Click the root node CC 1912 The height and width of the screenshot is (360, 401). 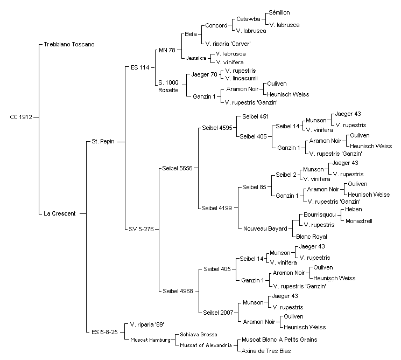pos(21,117)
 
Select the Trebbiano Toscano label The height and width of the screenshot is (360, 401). pos(69,44)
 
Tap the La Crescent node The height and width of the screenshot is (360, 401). pos(60,213)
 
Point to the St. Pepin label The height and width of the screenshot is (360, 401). pos(103,141)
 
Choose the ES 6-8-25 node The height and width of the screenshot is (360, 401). pos(104,332)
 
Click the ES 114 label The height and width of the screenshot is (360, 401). pos(140,67)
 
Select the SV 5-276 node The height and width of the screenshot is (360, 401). pos(141,229)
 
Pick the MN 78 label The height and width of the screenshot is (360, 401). pos(167,50)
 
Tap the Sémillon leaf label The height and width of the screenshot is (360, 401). pos(279,12)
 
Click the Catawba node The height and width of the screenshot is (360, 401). pos(248,19)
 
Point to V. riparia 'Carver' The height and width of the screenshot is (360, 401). pos(228,44)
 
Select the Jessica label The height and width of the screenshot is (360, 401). pos(196,58)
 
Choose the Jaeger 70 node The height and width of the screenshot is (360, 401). pos(204,75)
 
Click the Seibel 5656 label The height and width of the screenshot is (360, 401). pos(177,168)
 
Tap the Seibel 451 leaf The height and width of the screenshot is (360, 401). pos(256,116)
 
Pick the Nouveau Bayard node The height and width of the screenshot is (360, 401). pos(265,229)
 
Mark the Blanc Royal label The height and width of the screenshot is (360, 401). pos(312,237)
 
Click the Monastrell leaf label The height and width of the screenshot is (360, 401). pos(359,221)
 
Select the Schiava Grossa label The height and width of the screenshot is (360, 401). pos(199,334)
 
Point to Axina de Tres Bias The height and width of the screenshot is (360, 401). pos(266,351)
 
